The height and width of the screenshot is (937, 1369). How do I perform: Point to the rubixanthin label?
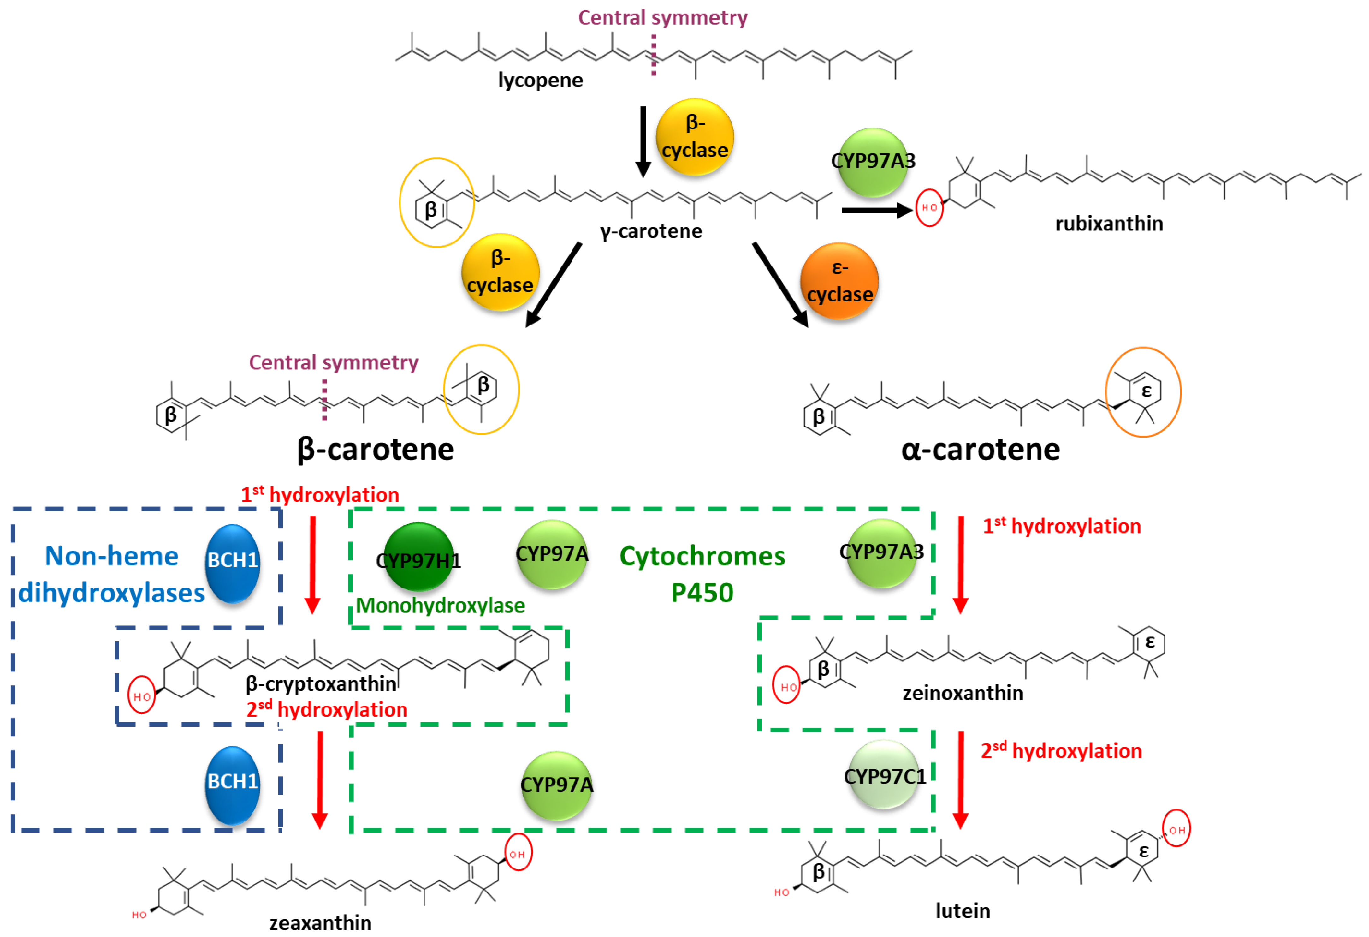1109,224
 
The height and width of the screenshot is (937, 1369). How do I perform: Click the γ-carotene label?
651,231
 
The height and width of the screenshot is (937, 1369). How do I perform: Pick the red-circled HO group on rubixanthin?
929,207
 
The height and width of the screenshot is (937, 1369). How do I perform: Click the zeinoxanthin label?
963,693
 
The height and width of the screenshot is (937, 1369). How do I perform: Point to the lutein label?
963,911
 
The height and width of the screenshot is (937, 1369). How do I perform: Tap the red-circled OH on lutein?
1176,829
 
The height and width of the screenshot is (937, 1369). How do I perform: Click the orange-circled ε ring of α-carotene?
1143,392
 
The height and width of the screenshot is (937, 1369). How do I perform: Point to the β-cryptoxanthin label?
321,683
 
